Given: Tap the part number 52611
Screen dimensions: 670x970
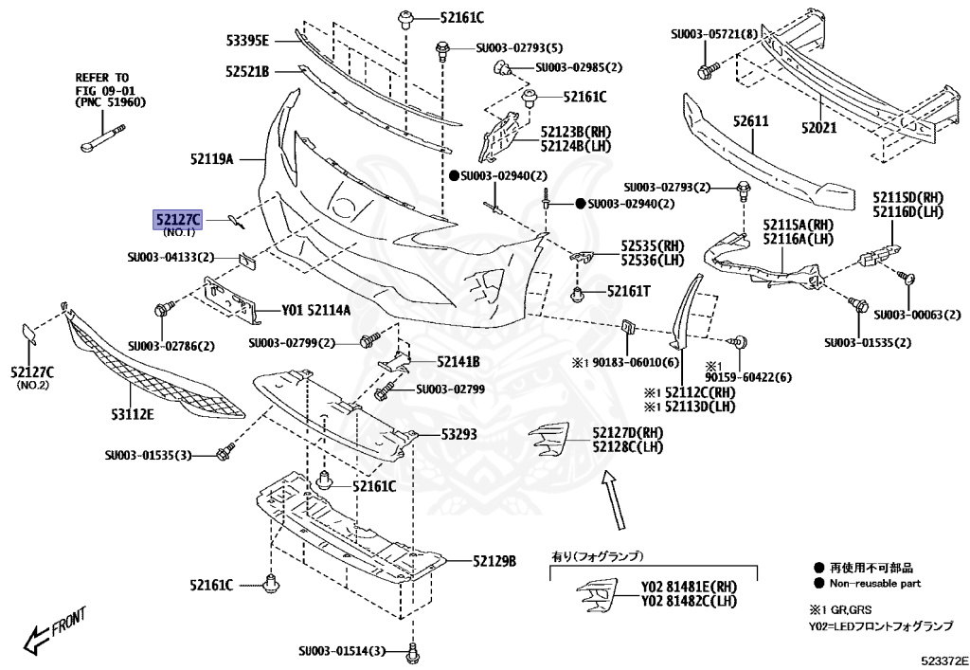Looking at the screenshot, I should pyautogui.click(x=750, y=121).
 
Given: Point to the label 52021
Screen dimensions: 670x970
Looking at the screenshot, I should pyautogui.click(x=820, y=125).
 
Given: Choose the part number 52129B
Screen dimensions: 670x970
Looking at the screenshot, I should pyautogui.click(x=494, y=561).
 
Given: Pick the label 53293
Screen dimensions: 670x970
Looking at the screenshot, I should pyautogui.click(x=458, y=435).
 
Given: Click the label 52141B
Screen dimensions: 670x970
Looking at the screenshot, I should pyautogui.click(x=458, y=362).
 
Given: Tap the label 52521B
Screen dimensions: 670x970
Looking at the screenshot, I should pyautogui.click(x=248, y=71).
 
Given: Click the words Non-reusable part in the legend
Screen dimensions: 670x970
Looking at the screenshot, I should pyautogui.click(x=875, y=584).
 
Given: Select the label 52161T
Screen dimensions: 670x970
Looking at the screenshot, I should pyautogui.click(x=629, y=292).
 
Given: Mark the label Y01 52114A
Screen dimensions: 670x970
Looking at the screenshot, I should pyautogui.click(x=303, y=310).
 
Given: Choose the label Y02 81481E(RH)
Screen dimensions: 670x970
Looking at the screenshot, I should pyautogui.click(x=689, y=586).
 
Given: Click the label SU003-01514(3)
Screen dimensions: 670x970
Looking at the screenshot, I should pyautogui.click(x=343, y=651).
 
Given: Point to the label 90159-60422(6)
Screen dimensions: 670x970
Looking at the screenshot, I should pyautogui.click(x=747, y=377).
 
